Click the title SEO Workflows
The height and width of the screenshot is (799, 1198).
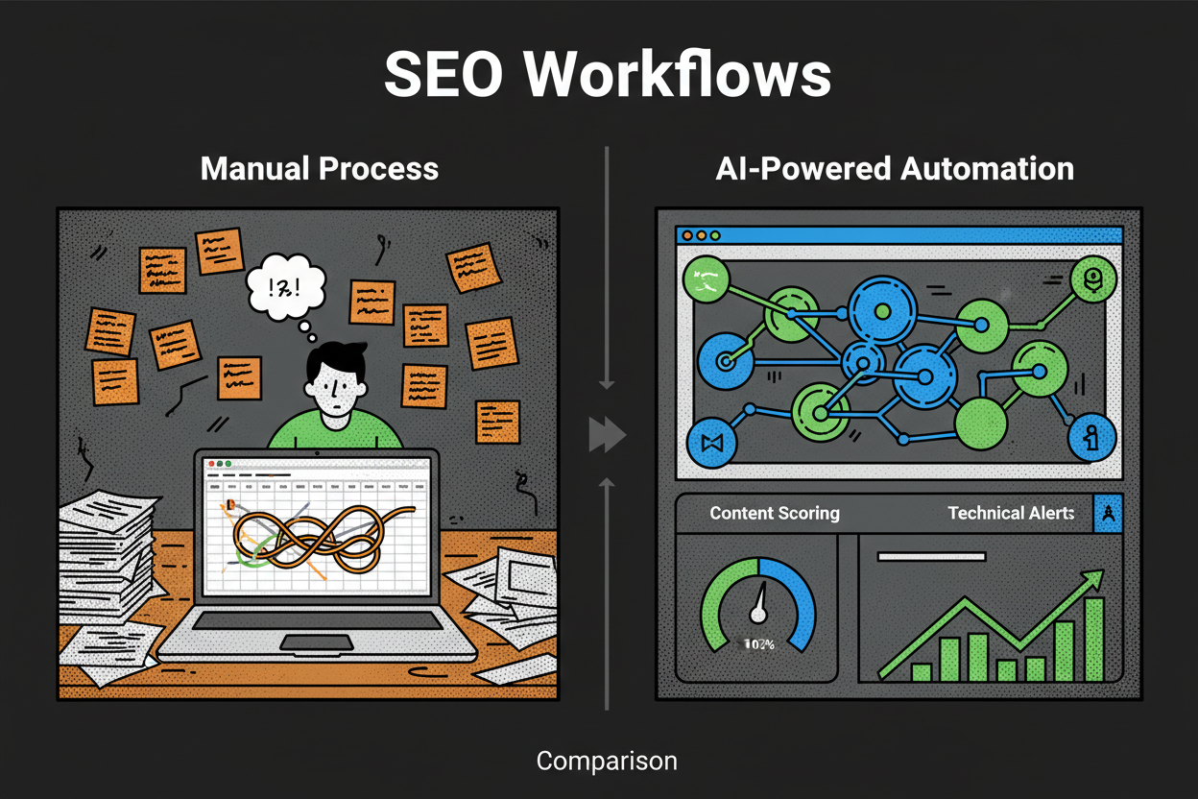[x=607, y=73]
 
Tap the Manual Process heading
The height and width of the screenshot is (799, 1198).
[x=319, y=169]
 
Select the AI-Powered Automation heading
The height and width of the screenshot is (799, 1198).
[x=895, y=169]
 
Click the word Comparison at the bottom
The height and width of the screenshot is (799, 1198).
[x=607, y=762]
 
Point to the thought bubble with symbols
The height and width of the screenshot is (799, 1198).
[x=283, y=285]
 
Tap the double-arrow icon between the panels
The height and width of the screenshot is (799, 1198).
[x=606, y=435]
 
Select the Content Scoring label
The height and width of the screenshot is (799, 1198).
[x=774, y=513]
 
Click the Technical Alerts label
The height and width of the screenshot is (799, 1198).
[x=1011, y=513]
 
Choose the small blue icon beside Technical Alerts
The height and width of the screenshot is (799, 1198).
[x=1108, y=514]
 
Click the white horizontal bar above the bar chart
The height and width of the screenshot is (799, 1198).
[x=931, y=556]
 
